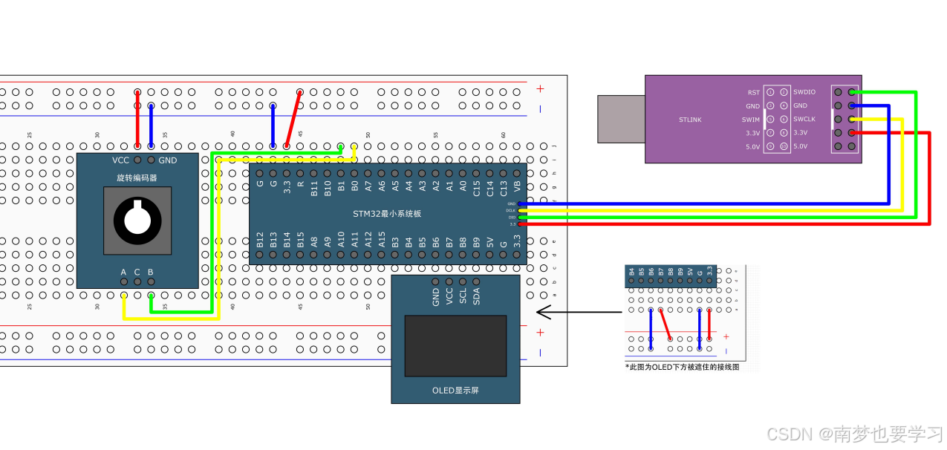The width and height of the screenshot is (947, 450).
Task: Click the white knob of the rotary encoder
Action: point(137,219)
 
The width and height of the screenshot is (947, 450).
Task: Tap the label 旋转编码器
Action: point(137,178)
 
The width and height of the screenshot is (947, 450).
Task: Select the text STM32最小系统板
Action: point(387,214)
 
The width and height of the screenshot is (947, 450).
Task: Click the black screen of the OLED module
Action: point(455,346)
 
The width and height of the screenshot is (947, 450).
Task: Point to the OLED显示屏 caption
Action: point(455,391)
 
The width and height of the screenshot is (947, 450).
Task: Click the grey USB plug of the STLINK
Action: point(621,119)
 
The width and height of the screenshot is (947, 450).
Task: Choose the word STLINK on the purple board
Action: point(690,120)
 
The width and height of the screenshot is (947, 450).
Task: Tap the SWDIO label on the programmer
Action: point(804,92)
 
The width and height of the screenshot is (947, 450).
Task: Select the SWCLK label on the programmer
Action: point(804,120)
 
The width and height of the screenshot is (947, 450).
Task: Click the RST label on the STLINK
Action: point(754,92)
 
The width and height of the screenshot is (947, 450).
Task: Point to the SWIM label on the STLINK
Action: point(751,120)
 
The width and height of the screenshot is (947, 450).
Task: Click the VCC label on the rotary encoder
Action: point(121,160)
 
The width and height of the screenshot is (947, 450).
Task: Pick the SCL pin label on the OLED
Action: point(463,296)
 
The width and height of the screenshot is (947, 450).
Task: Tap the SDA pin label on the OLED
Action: point(476,296)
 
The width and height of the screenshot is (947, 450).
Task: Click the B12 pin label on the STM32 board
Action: point(260,239)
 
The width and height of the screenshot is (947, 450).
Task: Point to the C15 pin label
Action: point(476,187)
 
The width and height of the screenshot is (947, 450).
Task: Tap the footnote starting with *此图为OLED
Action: point(682,367)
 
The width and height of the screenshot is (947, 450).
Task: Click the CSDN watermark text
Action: point(854,434)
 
